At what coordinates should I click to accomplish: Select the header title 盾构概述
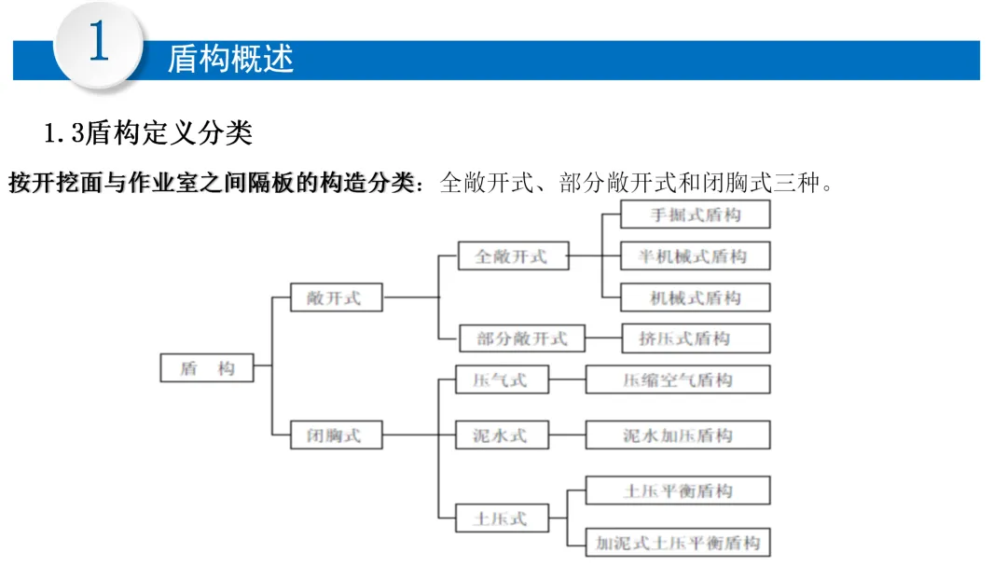click(230, 59)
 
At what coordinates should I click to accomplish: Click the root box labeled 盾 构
click(206, 368)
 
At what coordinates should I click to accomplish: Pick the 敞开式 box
click(336, 298)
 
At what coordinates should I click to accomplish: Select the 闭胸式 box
click(336, 435)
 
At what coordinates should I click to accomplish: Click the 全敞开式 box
click(513, 255)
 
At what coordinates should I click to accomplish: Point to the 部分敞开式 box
click(522, 338)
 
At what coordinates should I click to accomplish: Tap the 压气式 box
click(502, 380)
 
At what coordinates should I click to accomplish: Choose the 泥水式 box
click(502, 435)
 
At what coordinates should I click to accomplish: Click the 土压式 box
click(502, 517)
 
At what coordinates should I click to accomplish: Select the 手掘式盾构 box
click(696, 214)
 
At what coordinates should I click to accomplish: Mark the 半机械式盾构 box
click(696, 255)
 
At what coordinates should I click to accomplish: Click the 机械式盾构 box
click(696, 297)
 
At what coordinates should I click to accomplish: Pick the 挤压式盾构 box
click(696, 338)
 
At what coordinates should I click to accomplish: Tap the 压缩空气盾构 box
click(678, 380)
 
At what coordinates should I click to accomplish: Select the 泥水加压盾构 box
click(678, 435)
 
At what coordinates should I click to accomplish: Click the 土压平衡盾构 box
click(678, 490)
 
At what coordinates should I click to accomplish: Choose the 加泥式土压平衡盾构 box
click(678, 543)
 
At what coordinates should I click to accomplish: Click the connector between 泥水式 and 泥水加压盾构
click(567, 435)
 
